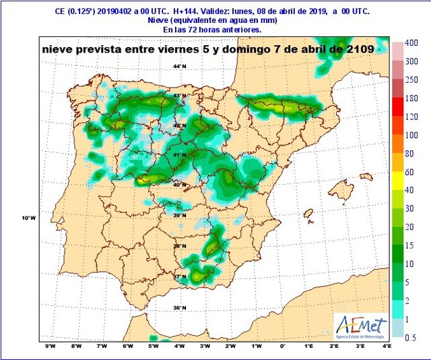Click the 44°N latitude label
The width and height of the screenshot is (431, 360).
pyautogui.click(x=178, y=66)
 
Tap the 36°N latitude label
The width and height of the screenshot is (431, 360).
pyautogui.click(x=178, y=308)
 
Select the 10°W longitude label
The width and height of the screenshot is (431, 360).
pyautogui.click(x=28, y=218)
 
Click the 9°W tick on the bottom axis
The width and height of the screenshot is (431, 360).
pyautogui.click(x=50, y=346)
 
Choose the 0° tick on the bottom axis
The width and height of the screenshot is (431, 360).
pyautogui.click(x=282, y=346)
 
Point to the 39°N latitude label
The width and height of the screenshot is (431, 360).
pyautogui.click(x=178, y=216)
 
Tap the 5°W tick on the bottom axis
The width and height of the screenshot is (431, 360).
pyautogui.click(x=154, y=346)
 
